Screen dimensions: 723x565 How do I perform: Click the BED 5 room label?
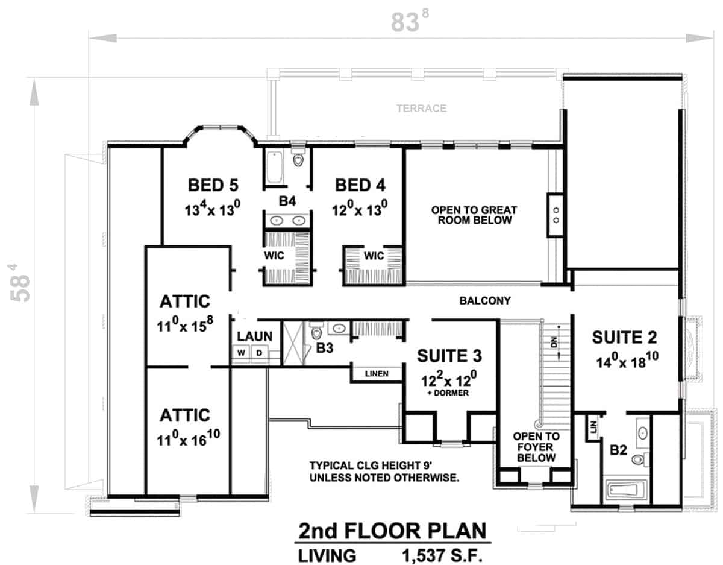[x=213, y=185]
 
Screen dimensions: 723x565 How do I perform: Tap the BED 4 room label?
[x=360, y=185]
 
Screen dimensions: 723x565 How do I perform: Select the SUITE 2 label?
[x=625, y=337]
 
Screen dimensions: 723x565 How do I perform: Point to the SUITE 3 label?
[x=449, y=356]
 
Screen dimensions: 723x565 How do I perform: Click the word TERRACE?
[x=422, y=108]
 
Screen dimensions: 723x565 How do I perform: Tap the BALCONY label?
[x=485, y=301]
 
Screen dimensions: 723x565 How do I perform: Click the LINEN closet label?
[x=377, y=374]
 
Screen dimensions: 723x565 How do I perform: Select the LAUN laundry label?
[x=254, y=336]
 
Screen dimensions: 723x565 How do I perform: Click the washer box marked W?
[x=241, y=353]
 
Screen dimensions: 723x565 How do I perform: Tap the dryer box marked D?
[x=260, y=353]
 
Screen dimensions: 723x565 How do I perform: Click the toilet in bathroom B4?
[x=298, y=159]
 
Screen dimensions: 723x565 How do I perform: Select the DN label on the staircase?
[x=554, y=342]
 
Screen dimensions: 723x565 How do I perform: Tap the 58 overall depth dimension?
[x=20, y=283]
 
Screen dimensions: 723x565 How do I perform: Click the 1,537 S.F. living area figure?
[x=442, y=555]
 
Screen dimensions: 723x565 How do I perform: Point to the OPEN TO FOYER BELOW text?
[x=536, y=447]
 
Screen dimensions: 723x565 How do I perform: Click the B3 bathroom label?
[x=324, y=348]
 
